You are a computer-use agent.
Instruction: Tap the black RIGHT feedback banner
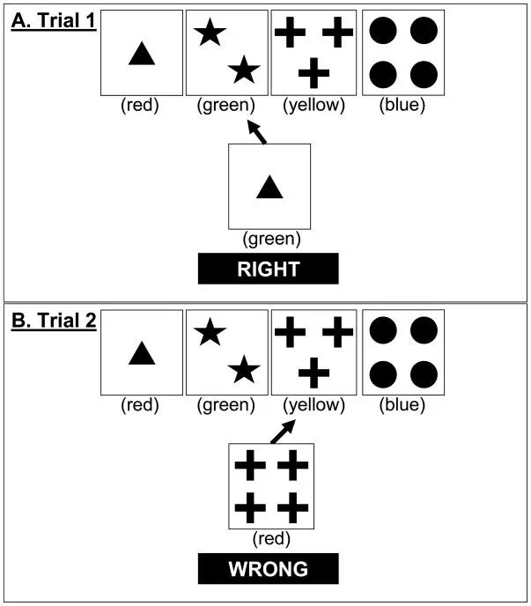(268, 269)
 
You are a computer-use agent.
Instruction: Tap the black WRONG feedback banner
(268, 569)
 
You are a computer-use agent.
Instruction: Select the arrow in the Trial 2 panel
(282, 432)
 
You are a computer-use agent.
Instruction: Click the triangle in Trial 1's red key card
(142, 55)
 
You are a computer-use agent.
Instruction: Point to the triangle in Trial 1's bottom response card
(269, 188)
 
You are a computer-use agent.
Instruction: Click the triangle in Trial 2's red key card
(142, 354)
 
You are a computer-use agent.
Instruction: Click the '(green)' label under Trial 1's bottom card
(270, 238)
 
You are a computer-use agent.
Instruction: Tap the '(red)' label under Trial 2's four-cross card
(271, 538)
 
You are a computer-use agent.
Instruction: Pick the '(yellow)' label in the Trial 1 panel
(313, 106)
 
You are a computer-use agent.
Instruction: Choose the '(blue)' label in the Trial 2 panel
(402, 405)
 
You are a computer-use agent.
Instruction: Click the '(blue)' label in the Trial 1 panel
(402, 106)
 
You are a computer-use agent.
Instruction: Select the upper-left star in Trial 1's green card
(210, 33)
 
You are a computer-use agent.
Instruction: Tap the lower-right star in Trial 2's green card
(245, 372)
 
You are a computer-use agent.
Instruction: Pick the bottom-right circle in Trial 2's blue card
(423, 373)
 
